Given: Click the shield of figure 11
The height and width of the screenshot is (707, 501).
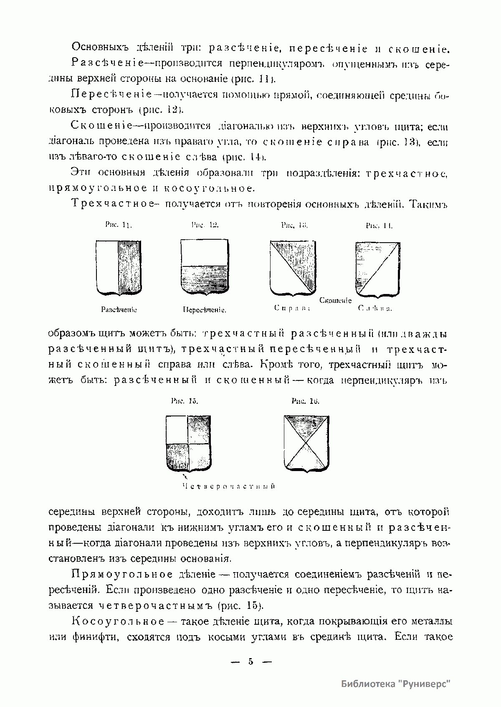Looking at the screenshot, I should click(119, 267).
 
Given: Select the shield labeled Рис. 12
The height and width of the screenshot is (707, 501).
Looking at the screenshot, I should click(205, 267).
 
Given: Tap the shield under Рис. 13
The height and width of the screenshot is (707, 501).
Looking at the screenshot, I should click(293, 267).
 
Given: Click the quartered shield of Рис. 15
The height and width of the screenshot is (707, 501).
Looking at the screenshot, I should click(188, 443).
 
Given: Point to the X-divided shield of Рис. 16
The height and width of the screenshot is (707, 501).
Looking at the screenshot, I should click(306, 443).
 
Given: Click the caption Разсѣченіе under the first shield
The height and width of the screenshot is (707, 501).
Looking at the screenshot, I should click(119, 310).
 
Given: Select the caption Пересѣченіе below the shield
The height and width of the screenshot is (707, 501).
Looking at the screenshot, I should click(205, 310).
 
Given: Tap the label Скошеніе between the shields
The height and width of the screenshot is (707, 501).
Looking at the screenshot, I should click(336, 300).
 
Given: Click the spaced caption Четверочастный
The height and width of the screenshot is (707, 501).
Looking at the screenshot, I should click(229, 487).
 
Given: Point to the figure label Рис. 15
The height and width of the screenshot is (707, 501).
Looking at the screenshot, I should click(184, 401).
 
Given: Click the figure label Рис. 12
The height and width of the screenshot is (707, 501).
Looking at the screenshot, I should click(205, 225).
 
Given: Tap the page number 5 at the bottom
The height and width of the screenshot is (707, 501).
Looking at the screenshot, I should click(250, 661).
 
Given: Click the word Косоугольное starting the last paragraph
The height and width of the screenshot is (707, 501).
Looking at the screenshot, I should click(118, 621).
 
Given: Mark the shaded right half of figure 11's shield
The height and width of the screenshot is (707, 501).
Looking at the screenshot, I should click(130, 267).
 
